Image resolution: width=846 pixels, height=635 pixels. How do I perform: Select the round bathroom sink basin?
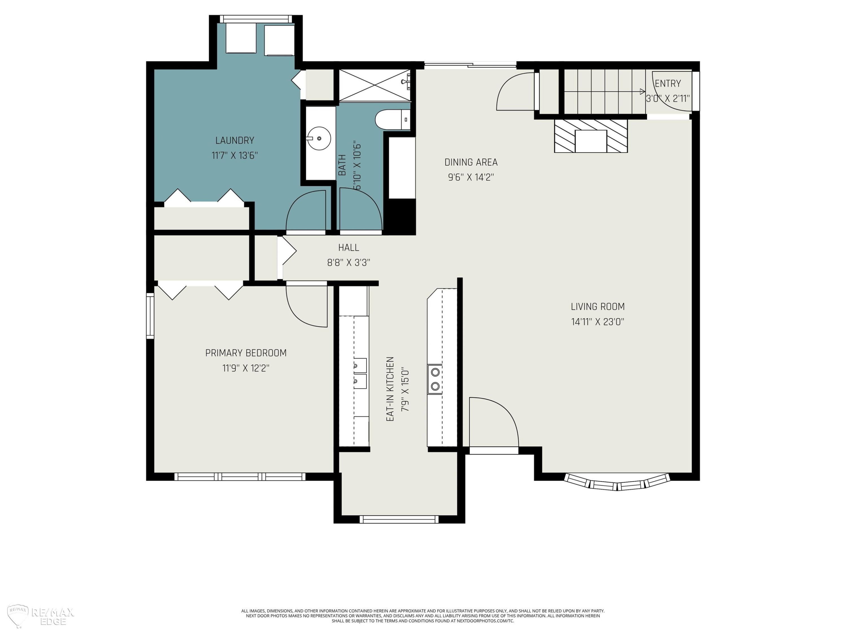319,138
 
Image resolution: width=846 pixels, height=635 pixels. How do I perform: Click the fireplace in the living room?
591,136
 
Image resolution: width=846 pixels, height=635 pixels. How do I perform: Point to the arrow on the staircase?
605,91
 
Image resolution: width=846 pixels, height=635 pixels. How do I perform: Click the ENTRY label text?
668,84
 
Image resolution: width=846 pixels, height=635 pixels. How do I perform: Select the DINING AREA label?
471,162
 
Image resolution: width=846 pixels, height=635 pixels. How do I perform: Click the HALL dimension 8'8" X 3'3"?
349,262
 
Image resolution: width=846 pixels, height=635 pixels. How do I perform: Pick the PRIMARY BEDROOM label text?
246,353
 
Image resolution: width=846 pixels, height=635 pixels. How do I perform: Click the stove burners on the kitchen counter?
435,379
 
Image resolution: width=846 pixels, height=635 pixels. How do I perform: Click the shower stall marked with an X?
375,85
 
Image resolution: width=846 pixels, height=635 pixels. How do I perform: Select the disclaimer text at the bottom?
423,616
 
